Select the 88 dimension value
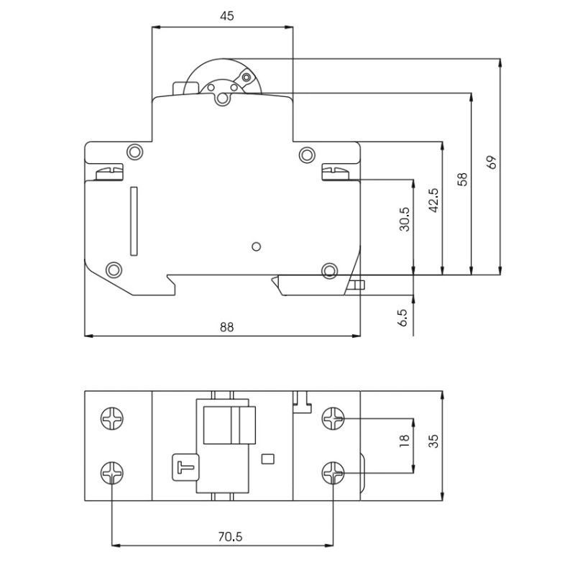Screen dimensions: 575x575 tap(226, 326)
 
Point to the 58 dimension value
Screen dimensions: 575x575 tap(462, 178)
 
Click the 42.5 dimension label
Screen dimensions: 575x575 tap(433, 201)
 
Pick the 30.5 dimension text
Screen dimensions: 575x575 tap(405, 218)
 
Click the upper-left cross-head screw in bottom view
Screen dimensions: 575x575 tap(111, 416)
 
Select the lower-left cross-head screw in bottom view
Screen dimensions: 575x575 tap(111, 472)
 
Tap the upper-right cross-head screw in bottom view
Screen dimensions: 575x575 tap(333, 416)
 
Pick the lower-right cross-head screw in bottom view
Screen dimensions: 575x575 tap(333, 472)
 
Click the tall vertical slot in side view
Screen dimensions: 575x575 tap(132, 221)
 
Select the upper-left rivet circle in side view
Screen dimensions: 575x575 tap(134, 152)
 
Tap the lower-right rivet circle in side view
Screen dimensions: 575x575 tap(329, 270)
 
